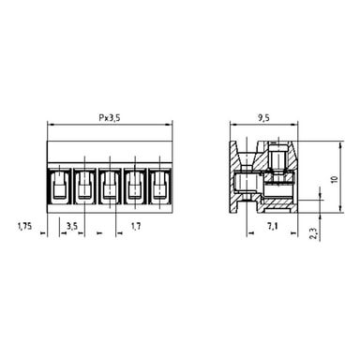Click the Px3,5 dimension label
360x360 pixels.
[110, 118]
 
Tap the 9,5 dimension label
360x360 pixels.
[264, 118]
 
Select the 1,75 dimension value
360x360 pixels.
[24, 226]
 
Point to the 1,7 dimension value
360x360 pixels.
[136, 226]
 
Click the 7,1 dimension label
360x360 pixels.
[273, 226]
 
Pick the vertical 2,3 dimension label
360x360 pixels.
[314, 233]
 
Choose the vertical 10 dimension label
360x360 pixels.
[335, 179]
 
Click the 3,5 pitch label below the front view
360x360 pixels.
[72, 226]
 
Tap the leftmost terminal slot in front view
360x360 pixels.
[59, 187]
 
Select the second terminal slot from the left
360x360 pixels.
[84, 187]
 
